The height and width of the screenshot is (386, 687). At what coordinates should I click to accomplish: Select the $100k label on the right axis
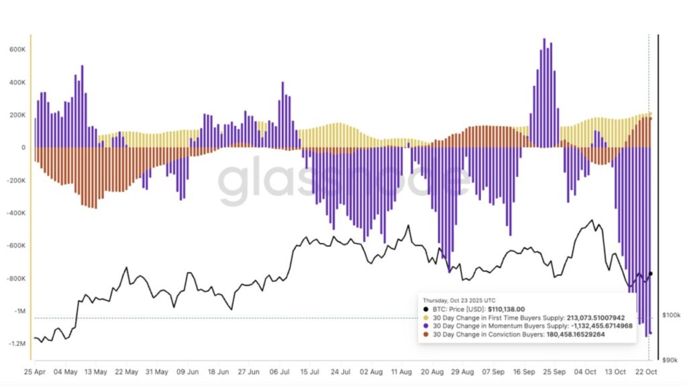[671, 315]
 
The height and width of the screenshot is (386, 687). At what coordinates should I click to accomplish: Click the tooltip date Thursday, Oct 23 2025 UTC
[459, 300]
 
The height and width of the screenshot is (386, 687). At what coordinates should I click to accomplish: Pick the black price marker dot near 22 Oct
[651, 273]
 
